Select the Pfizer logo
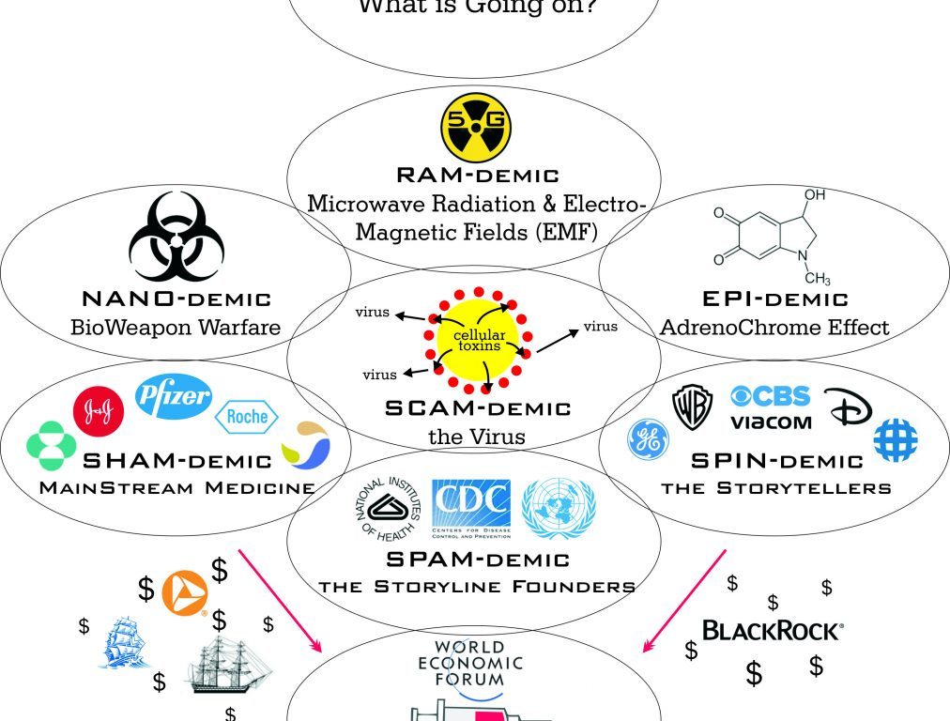click(174, 394)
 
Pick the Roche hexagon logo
click(242, 417)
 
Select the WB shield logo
click(693, 407)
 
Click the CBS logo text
click(771, 395)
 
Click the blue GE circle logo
click(649, 439)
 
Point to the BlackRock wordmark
click(772, 630)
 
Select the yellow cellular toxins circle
click(478, 338)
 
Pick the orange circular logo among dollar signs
click(183, 591)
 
